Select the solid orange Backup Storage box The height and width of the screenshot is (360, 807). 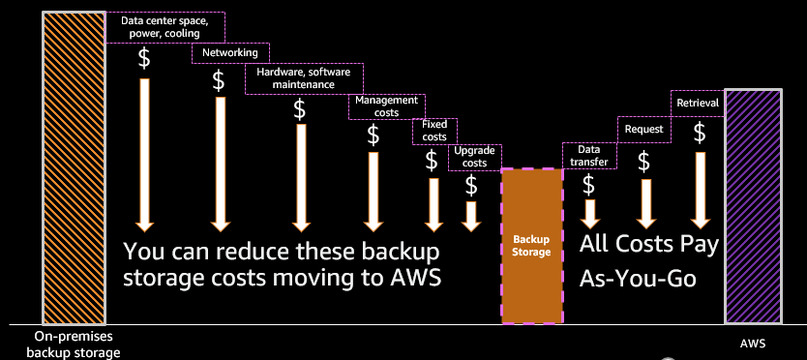tap(531, 245)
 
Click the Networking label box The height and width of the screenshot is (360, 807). tap(230, 52)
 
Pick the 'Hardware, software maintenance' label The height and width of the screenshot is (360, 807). tap(303, 78)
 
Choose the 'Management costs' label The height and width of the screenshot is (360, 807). tap(386, 106)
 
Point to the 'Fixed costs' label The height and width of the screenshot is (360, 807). tap(434, 131)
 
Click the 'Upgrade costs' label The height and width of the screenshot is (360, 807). tap(470, 157)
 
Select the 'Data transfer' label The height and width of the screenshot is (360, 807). tap(588, 156)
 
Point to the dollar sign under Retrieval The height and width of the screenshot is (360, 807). tap(698, 132)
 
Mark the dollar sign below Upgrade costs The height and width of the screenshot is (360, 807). tap(471, 184)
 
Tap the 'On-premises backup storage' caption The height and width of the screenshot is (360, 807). tap(73, 345)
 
